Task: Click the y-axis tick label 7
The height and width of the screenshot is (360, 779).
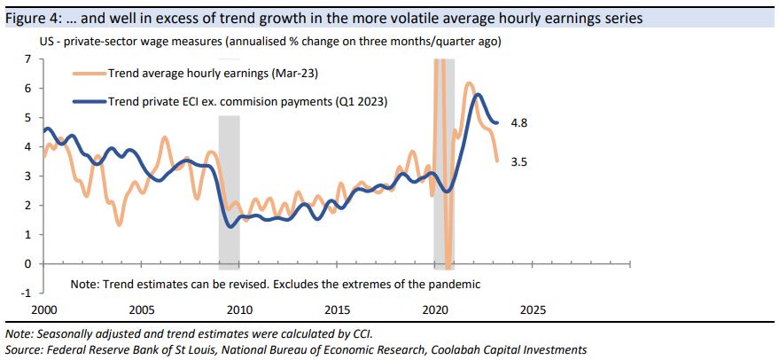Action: [x=27, y=59]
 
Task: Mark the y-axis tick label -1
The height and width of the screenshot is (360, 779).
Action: [x=26, y=293]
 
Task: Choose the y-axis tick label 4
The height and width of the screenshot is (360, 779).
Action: [x=27, y=146]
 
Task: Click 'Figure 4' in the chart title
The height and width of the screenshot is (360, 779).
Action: [x=30, y=18]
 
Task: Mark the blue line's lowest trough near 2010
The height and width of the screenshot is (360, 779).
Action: [x=231, y=226]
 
